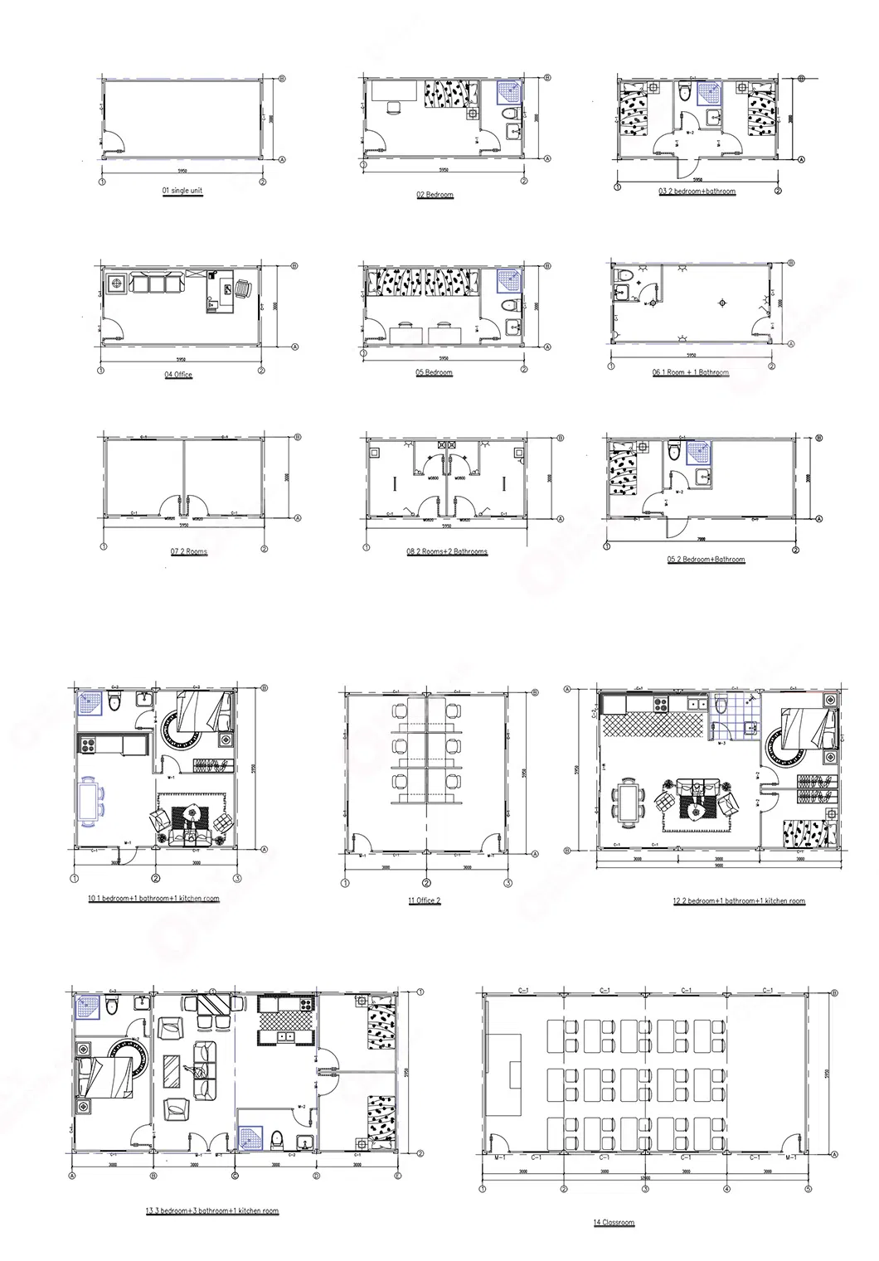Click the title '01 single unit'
coord(182,191)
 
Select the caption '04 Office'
coord(178,375)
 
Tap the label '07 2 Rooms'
coord(189,552)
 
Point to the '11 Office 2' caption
coord(425,900)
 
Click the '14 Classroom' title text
coord(614,1223)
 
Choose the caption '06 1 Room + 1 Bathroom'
coord(691,373)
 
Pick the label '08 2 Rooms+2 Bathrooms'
coord(447,552)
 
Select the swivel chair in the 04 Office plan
coord(241,288)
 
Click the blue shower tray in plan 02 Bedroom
coord(507,90)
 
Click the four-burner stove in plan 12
coord(662,705)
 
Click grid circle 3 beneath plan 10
coord(236,879)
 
